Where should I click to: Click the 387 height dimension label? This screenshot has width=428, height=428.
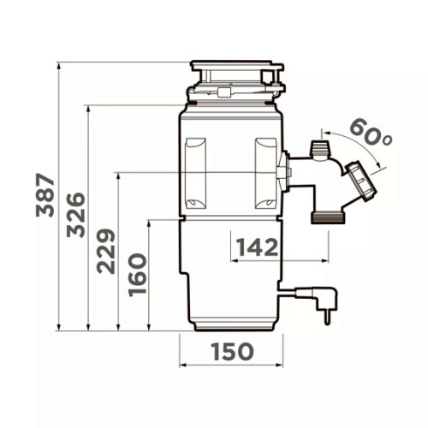pos(45,195)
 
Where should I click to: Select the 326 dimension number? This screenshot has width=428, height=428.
pos(75,215)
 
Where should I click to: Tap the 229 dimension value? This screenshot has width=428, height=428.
pos(106,251)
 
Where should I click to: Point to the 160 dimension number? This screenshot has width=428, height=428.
pos(138,275)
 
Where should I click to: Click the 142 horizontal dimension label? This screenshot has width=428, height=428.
pos(257,247)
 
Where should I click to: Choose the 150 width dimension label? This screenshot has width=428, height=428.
pos(232,352)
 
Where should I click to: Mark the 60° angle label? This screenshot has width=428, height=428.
pos(371,132)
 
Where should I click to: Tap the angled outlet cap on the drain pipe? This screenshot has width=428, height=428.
pos(361,181)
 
